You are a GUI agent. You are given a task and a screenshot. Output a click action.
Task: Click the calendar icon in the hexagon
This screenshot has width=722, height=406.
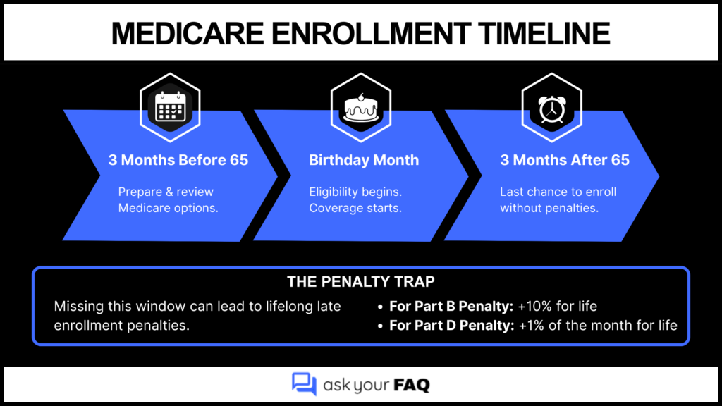click(169, 109)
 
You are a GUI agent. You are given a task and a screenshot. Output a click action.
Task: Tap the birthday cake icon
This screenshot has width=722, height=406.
click(360, 109)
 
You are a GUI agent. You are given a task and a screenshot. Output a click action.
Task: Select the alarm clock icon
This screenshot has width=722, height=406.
click(551, 109)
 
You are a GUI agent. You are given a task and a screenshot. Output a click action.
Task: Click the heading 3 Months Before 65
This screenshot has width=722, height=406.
click(178, 160)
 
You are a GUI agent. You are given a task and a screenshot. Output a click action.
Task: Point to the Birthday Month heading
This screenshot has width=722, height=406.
click(364, 160)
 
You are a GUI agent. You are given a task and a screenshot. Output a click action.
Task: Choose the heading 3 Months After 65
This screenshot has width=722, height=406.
click(565, 160)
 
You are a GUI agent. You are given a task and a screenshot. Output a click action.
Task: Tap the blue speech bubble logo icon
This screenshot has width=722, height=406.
click(304, 383)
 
